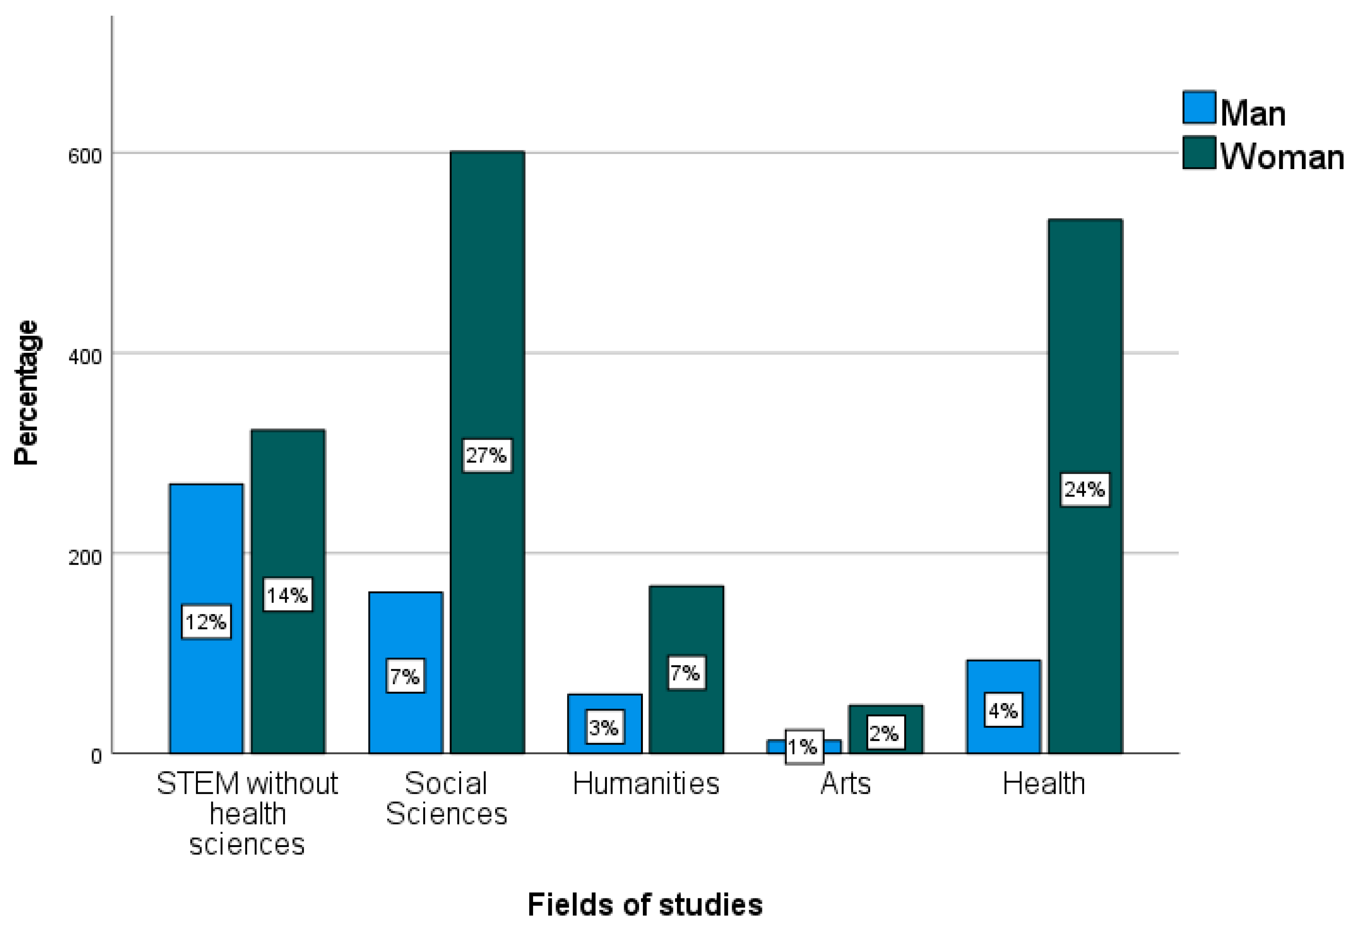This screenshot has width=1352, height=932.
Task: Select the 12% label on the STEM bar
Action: pos(205,622)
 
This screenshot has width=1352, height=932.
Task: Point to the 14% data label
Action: pos(287,595)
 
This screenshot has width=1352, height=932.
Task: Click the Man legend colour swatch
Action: pos(1199,108)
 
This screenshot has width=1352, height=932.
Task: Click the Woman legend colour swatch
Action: pos(1199,153)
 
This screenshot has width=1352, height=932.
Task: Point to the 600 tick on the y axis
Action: pos(85,156)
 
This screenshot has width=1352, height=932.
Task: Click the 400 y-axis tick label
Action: pos(85,356)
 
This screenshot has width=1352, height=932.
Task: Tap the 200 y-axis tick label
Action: pos(85,557)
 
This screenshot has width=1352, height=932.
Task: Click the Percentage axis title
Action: pos(26,393)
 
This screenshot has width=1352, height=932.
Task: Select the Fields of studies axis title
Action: pos(645,904)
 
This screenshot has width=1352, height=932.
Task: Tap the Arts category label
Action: pos(845,784)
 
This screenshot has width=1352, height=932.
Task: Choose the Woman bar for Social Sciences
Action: pos(487,292)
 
